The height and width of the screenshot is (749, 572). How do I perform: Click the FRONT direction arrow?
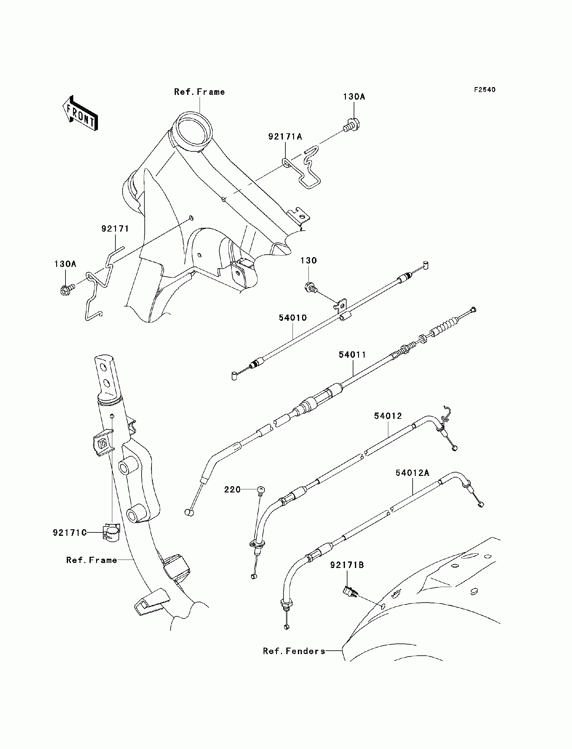pyautogui.click(x=80, y=113)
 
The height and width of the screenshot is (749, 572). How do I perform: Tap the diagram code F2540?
pyautogui.click(x=485, y=90)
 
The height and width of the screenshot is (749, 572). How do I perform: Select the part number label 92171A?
pyautogui.click(x=285, y=137)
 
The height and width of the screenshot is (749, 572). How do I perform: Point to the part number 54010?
pyautogui.click(x=293, y=318)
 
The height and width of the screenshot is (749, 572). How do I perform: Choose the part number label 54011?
pyautogui.click(x=352, y=355)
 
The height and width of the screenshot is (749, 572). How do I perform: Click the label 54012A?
pyautogui.click(x=412, y=473)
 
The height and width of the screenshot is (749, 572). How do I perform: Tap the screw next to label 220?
pyautogui.click(x=261, y=491)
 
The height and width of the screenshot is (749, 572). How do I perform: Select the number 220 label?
pyautogui.click(x=232, y=489)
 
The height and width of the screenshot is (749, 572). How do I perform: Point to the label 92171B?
pyautogui.click(x=347, y=565)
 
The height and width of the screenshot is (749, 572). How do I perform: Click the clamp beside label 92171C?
pyautogui.click(x=111, y=532)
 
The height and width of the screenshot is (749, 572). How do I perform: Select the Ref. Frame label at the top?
pyautogui.click(x=200, y=92)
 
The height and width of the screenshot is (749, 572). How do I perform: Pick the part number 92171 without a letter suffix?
pyautogui.click(x=115, y=228)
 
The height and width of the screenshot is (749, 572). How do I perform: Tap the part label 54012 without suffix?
pyautogui.click(x=388, y=416)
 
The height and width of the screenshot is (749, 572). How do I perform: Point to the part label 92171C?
pyautogui.click(x=70, y=532)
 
